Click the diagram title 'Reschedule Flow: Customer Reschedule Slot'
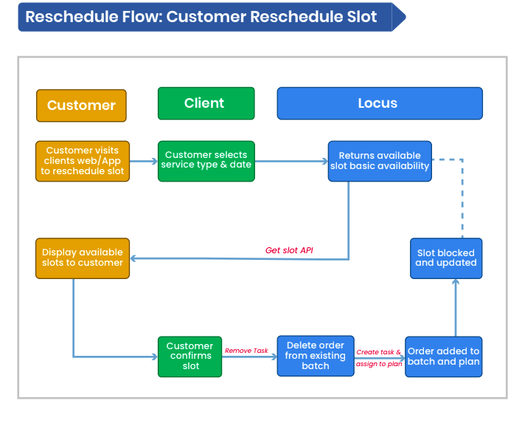pos(201,17)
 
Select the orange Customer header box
pos(81,105)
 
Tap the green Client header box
pos(206,103)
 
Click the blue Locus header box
pos(379,103)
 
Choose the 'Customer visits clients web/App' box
pos(83,161)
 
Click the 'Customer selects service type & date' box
pos(206,161)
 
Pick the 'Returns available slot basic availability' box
pos(379,161)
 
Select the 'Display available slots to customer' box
pos(83,258)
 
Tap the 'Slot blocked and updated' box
pos(446,258)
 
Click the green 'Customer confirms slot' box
pos(189,356)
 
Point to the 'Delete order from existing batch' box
pos(316,356)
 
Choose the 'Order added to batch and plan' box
pos(443,356)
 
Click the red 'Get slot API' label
pos(289,250)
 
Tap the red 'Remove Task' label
pos(246,351)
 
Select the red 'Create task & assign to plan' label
pos(379,358)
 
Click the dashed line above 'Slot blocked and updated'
pos(462,196)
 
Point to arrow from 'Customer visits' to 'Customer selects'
pos(144,161)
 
